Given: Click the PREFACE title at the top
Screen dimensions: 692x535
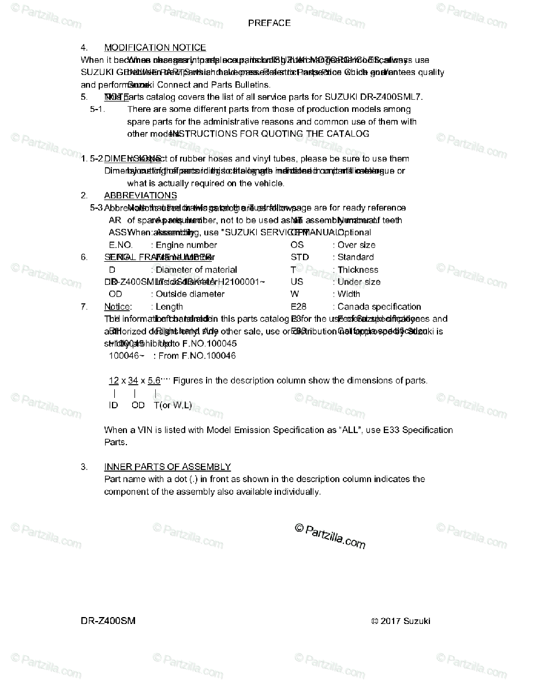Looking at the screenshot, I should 269,23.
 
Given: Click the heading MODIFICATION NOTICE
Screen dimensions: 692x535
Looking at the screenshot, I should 155,48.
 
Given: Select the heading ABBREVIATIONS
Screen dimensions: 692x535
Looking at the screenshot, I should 140,195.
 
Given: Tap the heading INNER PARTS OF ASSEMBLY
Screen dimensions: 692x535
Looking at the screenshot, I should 167,467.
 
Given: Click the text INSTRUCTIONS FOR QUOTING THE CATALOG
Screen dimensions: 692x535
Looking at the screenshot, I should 270,134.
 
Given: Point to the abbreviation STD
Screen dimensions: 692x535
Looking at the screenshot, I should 300,257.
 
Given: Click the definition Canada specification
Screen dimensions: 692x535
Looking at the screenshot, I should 379,307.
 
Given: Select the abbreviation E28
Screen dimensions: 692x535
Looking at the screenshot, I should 298,307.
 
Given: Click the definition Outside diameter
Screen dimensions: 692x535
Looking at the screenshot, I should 190,294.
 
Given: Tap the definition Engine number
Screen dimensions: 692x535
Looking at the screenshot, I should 186,245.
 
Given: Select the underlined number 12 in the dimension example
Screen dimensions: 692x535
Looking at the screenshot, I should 114,381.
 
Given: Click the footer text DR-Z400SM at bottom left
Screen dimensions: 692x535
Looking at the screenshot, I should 109,621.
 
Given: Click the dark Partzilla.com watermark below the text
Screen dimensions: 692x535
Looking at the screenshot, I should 330,536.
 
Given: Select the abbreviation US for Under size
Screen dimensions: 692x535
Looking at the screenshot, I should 297,282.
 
